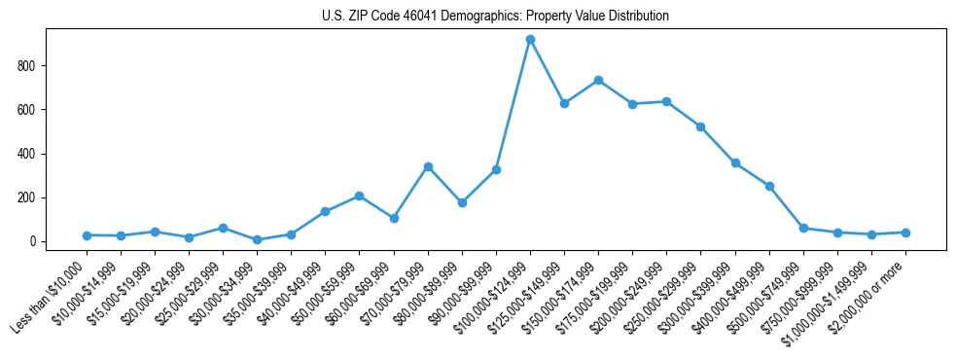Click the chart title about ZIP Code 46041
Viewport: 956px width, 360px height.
[x=495, y=17]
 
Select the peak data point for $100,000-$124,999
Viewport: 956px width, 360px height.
[x=530, y=40]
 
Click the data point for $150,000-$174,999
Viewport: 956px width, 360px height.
[x=598, y=80]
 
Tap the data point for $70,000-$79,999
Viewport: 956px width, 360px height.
[x=428, y=166]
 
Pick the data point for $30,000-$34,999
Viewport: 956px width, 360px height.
[x=257, y=239]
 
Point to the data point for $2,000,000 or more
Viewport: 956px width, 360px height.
[x=905, y=233]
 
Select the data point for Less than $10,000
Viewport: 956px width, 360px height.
[x=87, y=235]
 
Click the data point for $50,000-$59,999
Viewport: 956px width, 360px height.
[x=360, y=196]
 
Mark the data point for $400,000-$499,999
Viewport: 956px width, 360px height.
[x=769, y=186]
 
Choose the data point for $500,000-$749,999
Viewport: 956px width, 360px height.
[x=803, y=228]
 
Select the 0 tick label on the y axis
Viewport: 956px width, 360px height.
[x=33, y=241]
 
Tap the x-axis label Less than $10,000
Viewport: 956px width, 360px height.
[x=51, y=297]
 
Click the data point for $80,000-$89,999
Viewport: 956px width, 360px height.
[x=462, y=202]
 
